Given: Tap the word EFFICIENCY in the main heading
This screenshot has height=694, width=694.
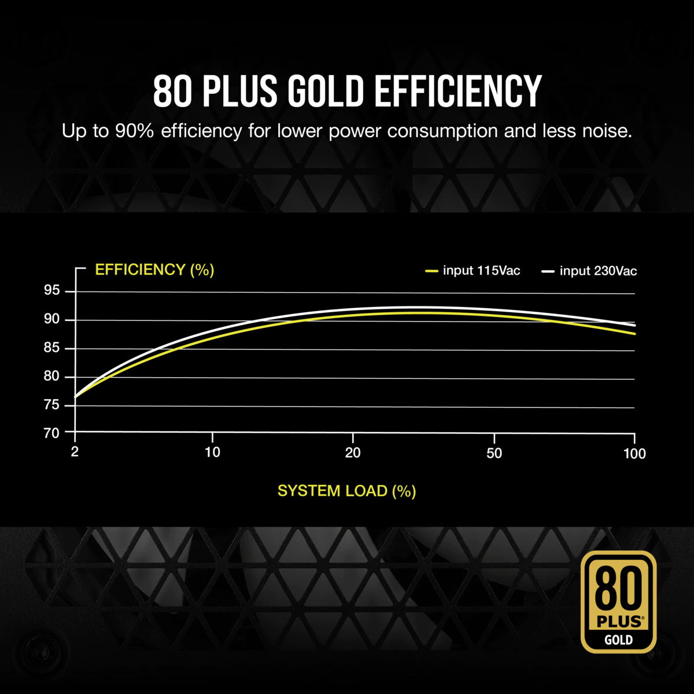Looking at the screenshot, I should click(x=457, y=91).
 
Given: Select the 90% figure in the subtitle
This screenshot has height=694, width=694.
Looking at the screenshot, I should click(x=134, y=131).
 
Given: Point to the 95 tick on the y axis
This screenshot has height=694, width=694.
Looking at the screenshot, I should click(x=52, y=290).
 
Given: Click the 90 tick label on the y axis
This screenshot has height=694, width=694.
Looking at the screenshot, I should click(x=52, y=319).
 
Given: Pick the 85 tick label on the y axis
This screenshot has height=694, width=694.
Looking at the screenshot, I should click(x=52, y=348).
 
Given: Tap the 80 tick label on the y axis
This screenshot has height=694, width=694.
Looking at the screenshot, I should click(x=52, y=376).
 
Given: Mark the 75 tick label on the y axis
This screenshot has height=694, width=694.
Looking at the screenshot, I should click(x=52, y=405).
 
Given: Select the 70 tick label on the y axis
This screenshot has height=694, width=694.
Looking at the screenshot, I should click(x=52, y=433).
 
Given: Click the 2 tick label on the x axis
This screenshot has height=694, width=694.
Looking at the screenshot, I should click(x=75, y=452).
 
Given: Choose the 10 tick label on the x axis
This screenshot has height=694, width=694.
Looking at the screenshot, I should click(x=212, y=452).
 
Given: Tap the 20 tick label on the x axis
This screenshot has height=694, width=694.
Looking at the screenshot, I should click(x=353, y=453).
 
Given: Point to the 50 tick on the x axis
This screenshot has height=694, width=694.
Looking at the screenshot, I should click(x=494, y=453).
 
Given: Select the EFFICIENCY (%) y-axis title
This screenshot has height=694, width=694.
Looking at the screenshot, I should click(x=154, y=270).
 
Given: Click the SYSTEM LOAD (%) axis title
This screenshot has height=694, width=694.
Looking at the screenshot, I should click(x=346, y=491).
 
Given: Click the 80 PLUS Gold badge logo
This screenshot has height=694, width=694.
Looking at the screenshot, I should click(x=618, y=602).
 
